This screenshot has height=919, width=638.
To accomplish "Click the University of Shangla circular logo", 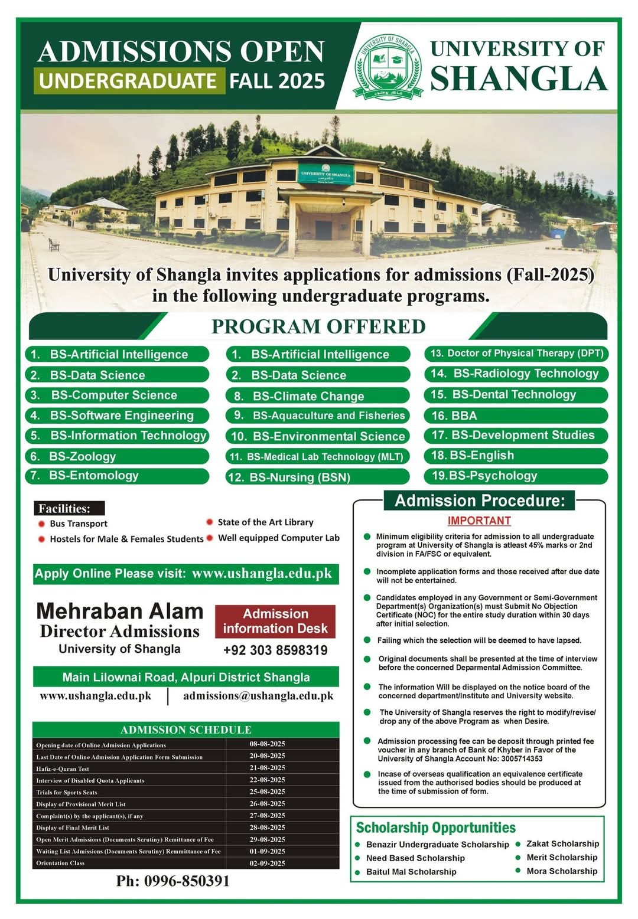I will point(388,66).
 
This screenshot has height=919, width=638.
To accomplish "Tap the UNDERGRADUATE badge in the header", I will point(129,81).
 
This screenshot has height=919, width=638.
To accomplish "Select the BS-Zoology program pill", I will point(117,456).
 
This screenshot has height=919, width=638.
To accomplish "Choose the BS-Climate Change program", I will point(318,396).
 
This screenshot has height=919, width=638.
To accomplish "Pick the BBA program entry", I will point(515,416).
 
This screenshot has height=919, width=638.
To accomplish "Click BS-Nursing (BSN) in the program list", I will point(318,477).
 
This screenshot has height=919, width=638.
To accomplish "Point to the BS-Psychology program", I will point(515,476).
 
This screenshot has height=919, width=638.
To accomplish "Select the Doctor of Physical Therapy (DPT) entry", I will point(516,354).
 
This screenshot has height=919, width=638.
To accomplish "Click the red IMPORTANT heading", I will point(479,521).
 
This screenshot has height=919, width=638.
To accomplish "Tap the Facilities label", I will point(69,508).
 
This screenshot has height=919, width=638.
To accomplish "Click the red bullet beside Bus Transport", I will point(41,524).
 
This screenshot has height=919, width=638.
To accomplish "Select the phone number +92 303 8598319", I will point(275,650).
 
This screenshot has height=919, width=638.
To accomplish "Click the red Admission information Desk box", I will point(275,621).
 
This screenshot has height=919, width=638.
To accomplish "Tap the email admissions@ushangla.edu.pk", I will point(258,696).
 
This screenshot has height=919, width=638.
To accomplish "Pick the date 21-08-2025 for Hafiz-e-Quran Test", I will point(267,768).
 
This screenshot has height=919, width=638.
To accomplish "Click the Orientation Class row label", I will point(60,863).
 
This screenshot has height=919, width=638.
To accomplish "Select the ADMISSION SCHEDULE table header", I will point(185,730).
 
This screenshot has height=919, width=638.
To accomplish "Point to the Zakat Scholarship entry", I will point(562,844).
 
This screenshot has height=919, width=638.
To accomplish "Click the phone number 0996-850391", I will point(172,881).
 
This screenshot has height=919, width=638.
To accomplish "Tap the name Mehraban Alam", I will point(120,611).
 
